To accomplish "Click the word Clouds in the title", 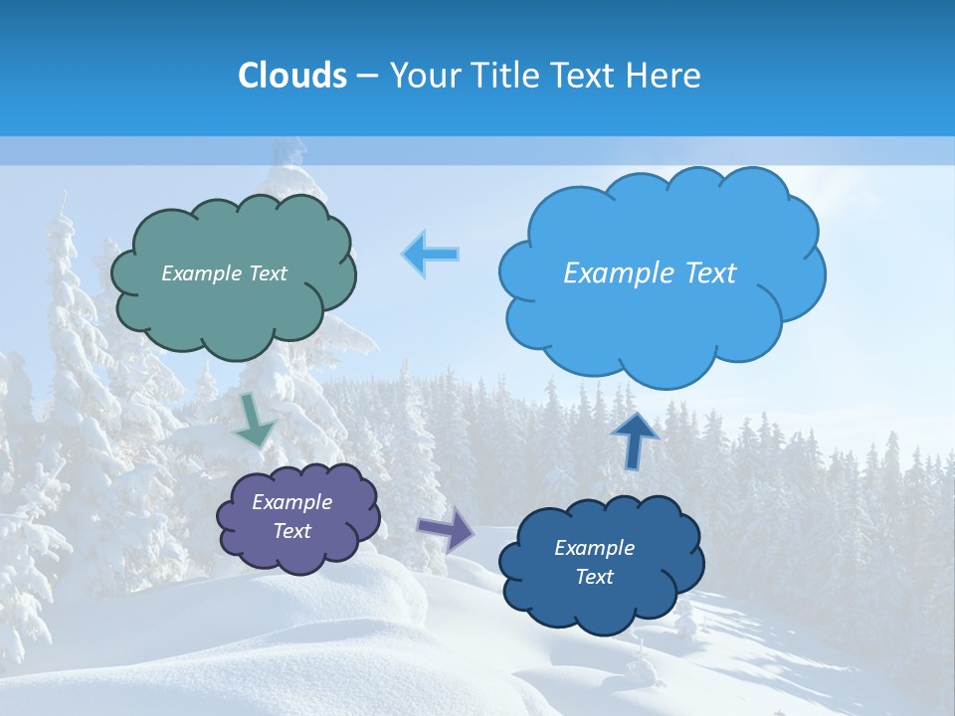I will pyautogui.click(x=292, y=76).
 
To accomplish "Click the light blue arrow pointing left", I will pyautogui.click(x=431, y=255).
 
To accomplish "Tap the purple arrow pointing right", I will pyautogui.click(x=446, y=529).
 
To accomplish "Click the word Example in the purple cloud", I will pyautogui.click(x=291, y=502).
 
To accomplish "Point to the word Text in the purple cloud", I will pyautogui.click(x=292, y=531).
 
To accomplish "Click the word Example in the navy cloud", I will pyautogui.click(x=594, y=548).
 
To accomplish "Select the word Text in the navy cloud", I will pyautogui.click(x=594, y=577).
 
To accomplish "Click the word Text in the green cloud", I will pyautogui.click(x=267, y=273).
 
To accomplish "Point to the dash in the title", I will pyautogui.click(x=367, y=77).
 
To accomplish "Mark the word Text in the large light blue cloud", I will pyautogui.click(x=712, y=273).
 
